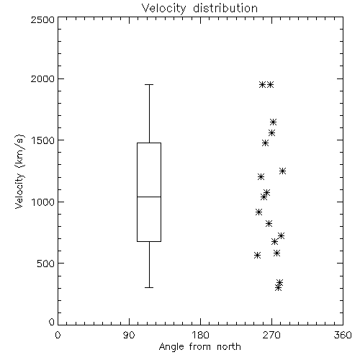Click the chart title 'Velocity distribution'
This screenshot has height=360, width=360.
tap(199, 9)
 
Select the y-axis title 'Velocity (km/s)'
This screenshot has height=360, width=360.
tap(19, 171)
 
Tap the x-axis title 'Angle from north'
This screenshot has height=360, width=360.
tap(199, 347)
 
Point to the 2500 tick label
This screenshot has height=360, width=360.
tap(42, 19)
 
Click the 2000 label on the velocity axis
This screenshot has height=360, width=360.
tap(42, 78)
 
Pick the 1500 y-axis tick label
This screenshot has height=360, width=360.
tap(43, 140)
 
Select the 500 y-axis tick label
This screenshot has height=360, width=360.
tap(45, 264)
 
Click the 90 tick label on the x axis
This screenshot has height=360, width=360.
tap(129, 335)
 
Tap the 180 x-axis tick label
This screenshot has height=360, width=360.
tap(200, 335)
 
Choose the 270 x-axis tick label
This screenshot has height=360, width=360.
tap(271, 335)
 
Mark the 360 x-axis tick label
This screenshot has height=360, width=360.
tap(343, 335)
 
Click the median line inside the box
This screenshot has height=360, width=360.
tap(149, 197)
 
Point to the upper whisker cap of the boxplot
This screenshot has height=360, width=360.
tap(149, 84)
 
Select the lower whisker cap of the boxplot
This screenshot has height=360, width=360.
tap(149, 287)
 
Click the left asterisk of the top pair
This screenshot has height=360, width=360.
tap(262, 84)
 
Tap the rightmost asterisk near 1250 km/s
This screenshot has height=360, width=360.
tap(282, 171)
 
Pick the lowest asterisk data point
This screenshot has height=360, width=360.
tap(278, 287)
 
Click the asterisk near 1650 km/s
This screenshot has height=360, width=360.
tap(273, 122)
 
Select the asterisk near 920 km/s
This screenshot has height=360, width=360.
tap(258, 212)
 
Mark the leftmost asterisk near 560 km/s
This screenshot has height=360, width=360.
tap(257, 255)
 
